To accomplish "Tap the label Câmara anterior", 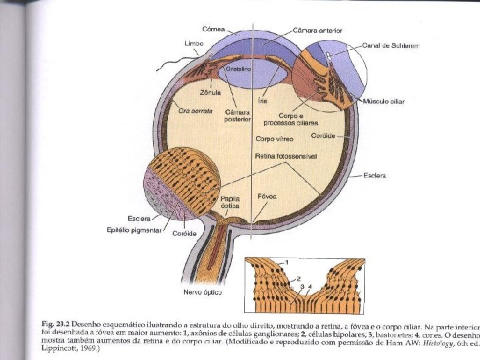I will (x=317, y=31).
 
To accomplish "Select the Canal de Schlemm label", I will (x=391, y=46).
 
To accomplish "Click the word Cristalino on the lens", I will (x=238, y=69).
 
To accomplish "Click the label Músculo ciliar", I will (x=383, y=101).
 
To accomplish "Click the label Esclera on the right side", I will (x=375, y=176).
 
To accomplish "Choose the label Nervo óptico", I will (x=203, y=293).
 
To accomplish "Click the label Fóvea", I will (x=267, y=197).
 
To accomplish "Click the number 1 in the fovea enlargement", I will (x=287, y=260).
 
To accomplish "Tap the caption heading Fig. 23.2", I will (x=56, y=323).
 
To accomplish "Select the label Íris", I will (x=263, y=100).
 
